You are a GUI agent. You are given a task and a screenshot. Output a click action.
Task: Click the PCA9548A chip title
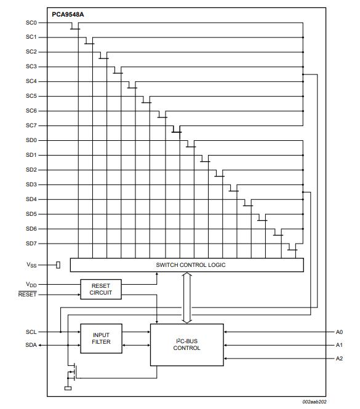point(68,15)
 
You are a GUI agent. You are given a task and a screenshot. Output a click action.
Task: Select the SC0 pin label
point(31,23)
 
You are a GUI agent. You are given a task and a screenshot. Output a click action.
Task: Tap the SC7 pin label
point(31,125)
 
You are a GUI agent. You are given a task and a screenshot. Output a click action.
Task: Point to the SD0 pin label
point(31,140)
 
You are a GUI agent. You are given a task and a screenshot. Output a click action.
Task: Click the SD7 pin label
point(31,244)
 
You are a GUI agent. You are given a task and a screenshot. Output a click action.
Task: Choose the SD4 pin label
point(31,199)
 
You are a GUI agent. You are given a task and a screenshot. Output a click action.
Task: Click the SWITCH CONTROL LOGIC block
point(187,265)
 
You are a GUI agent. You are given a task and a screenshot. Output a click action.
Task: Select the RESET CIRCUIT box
point(101,289)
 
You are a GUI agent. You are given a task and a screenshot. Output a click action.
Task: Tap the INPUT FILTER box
point(101,338)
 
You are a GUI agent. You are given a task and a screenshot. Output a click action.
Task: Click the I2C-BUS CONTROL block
point(187,344)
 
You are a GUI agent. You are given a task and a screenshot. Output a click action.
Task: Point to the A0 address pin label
point(339,332)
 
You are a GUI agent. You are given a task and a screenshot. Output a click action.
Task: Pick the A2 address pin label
point(339,359)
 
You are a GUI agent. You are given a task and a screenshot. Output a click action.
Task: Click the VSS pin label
point(31,265)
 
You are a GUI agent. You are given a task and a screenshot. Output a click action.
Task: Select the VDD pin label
point(31,285)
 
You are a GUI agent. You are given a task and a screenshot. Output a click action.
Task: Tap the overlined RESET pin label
point(28,294)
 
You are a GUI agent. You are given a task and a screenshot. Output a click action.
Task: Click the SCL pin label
point(31,332)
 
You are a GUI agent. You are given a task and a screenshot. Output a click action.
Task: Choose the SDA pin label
point(31,345)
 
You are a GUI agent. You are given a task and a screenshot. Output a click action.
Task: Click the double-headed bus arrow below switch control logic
point(187,298)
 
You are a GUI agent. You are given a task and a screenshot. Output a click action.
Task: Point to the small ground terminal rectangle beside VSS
point(58,265)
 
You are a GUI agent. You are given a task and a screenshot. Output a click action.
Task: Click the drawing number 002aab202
point(314,402)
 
